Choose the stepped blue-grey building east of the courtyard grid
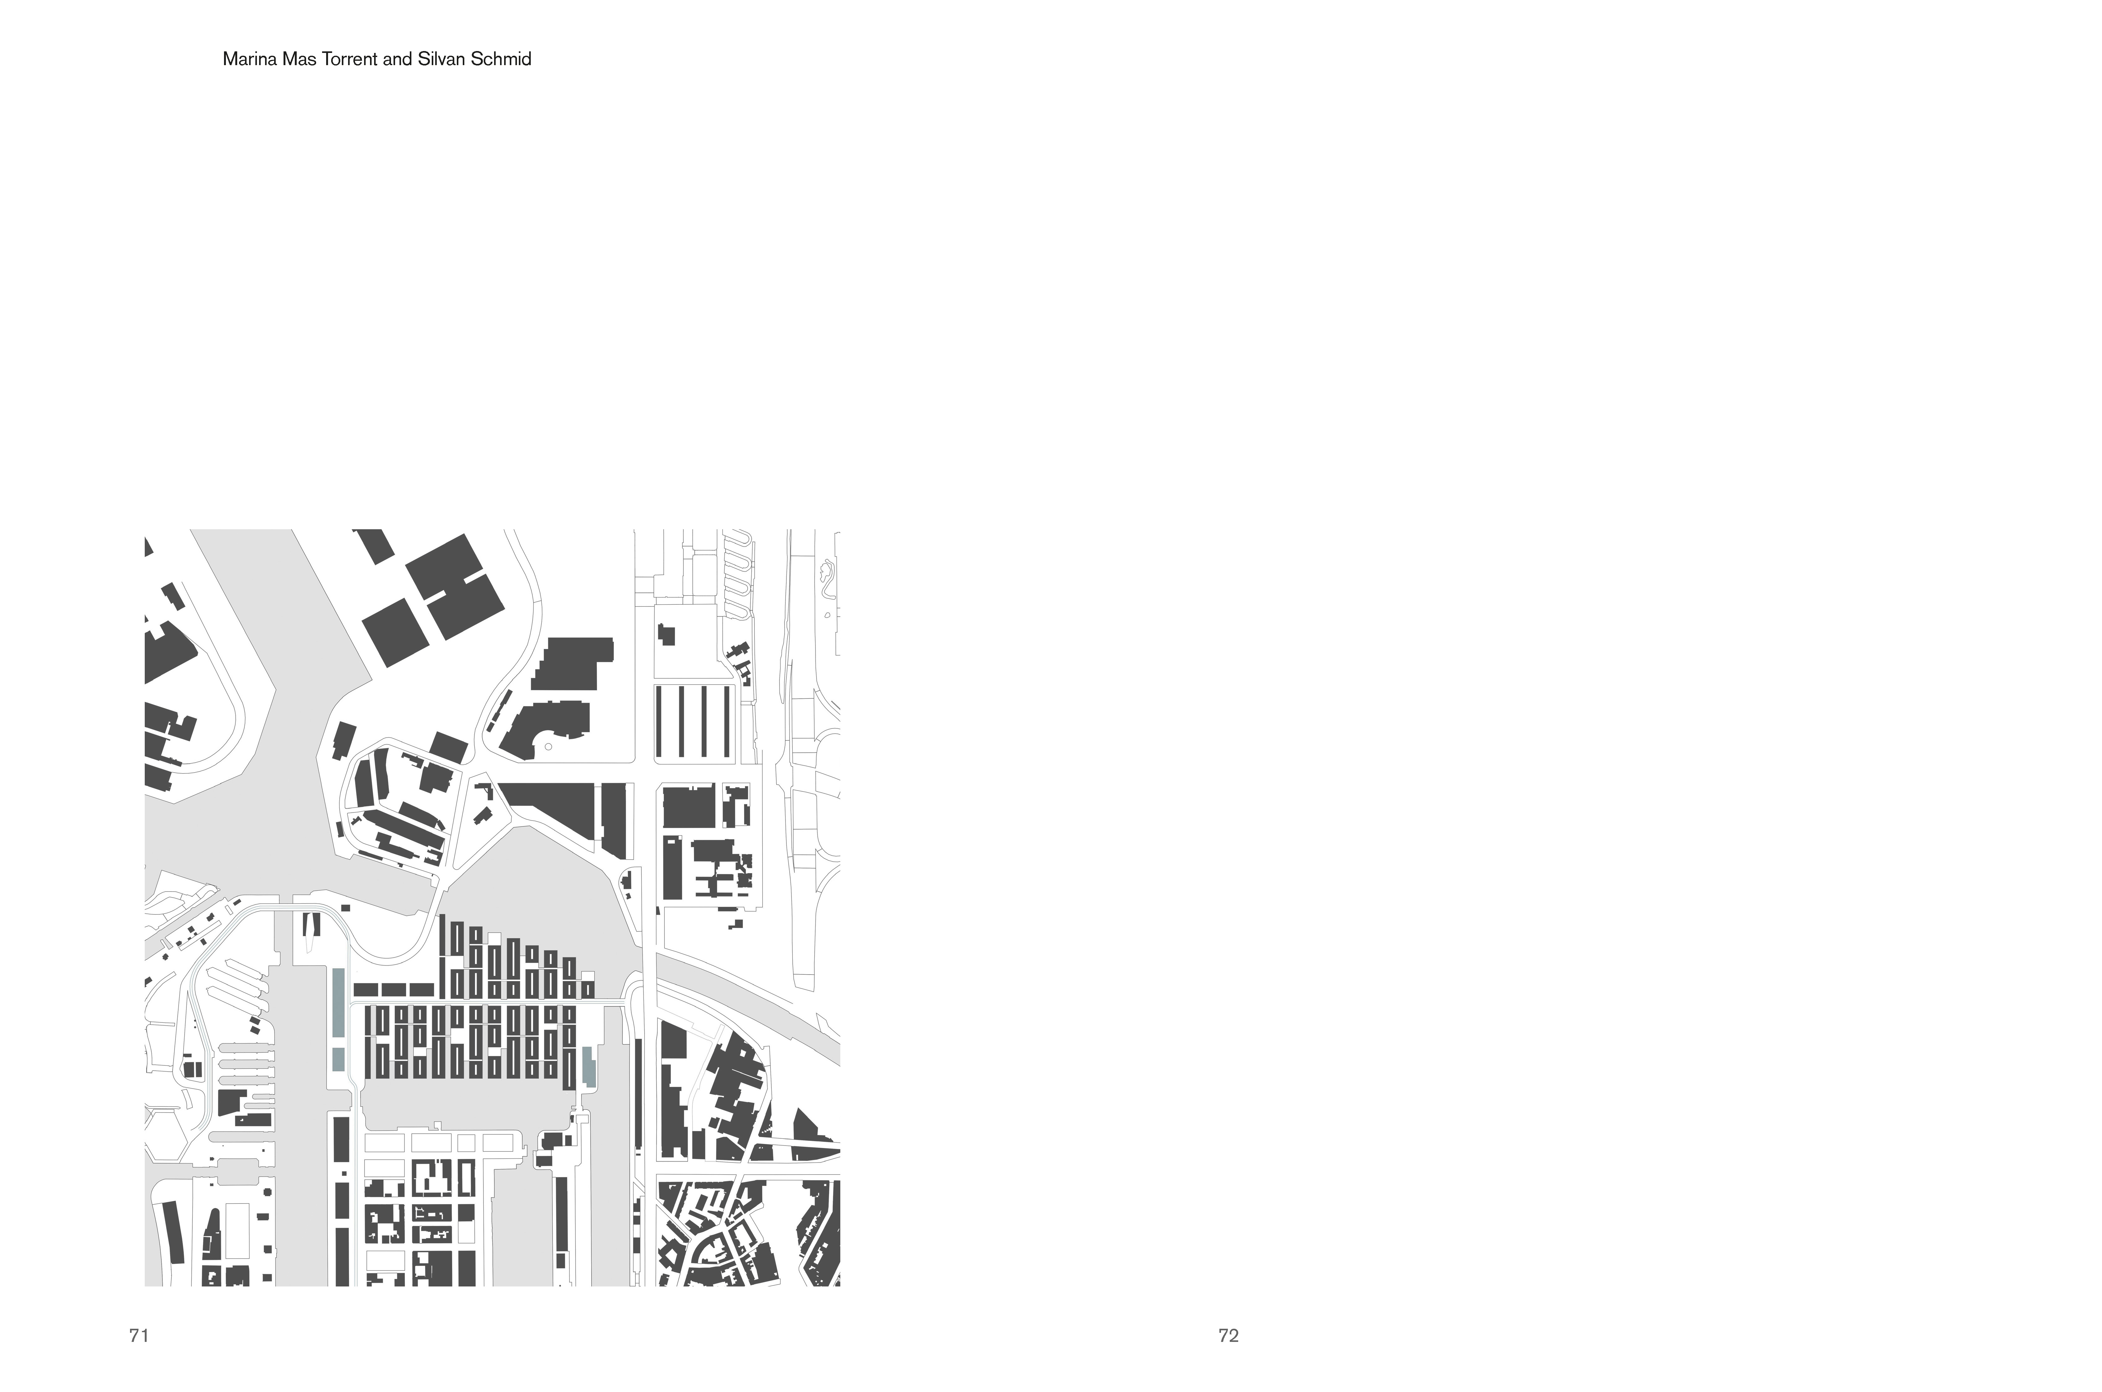click(x=589, y=1066)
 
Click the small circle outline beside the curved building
click(x=548, y=747)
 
